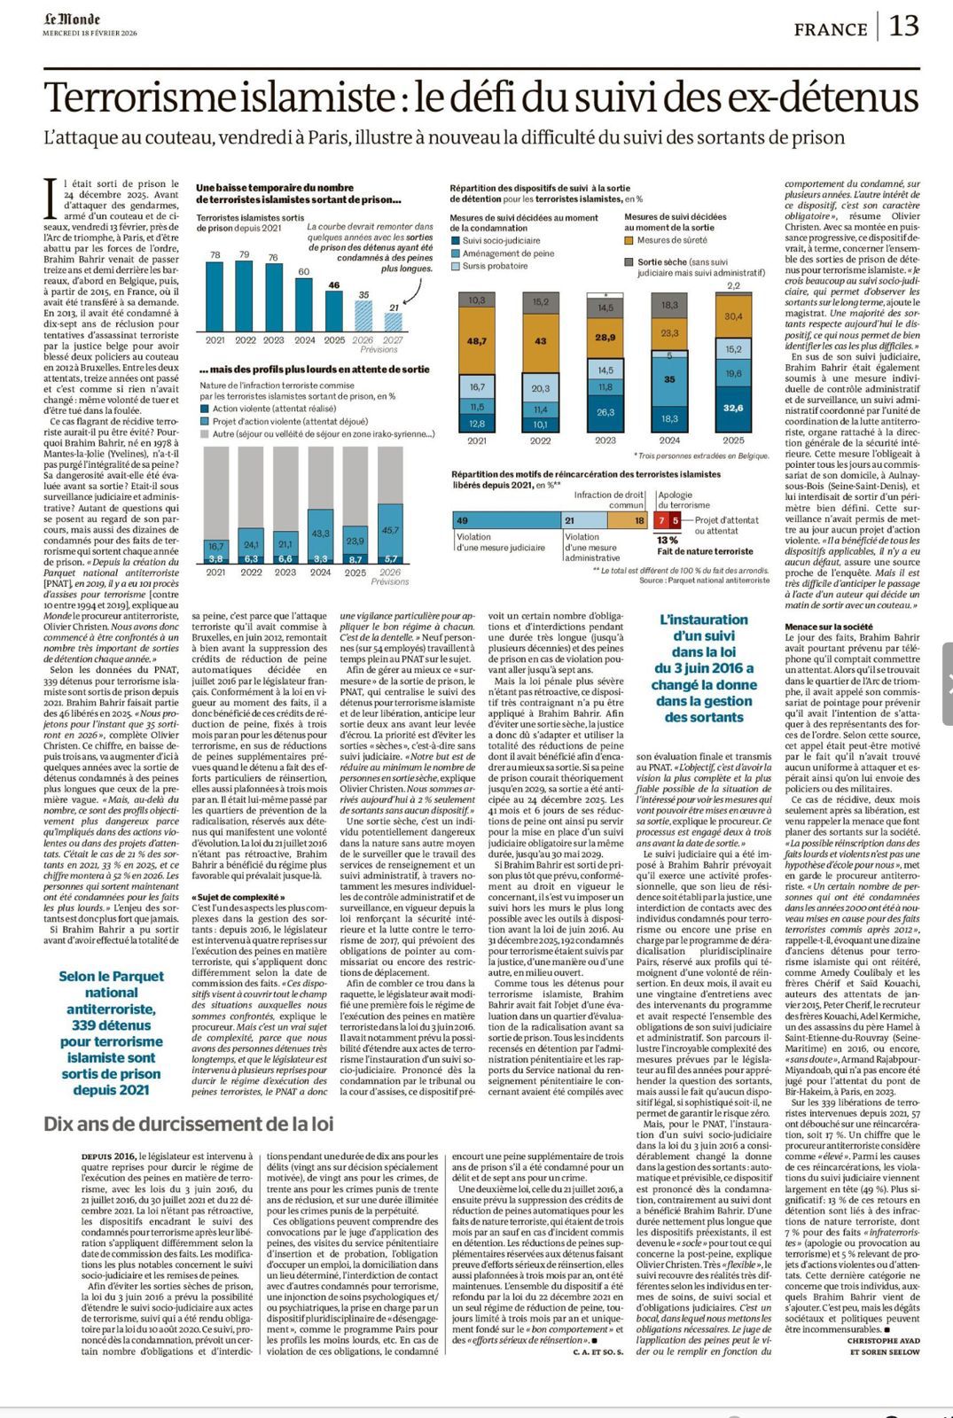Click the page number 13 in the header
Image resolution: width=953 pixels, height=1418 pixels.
pos(903,27)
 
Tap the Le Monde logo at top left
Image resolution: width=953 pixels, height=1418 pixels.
pos(72,19)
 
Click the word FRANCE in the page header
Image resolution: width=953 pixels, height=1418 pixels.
pos(831,29)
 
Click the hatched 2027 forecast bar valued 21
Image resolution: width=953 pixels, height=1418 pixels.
pos(393,322)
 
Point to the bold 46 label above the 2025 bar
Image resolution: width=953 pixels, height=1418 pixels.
pos(333,285)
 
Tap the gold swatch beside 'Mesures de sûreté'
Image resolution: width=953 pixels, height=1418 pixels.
pos(629,240)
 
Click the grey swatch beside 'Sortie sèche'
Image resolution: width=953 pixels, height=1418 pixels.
pos(629,262)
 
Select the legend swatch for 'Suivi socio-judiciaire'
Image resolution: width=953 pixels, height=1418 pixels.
pos(455,240)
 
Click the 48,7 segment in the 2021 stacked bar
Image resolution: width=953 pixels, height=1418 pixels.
pos(477,341)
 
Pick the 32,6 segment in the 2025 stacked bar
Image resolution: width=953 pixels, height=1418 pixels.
pos(733,408)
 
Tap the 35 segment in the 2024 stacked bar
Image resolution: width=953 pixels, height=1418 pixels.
pos(669,379)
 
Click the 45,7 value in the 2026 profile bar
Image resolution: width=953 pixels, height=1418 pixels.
pos(389,529)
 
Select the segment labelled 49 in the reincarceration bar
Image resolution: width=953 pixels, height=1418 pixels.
pos(505,521)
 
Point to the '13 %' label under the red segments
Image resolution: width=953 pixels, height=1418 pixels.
pos(667,540)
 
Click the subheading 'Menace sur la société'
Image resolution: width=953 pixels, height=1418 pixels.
pos(828,627)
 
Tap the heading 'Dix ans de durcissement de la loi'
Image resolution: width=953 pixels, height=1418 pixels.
pos(189,1124)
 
